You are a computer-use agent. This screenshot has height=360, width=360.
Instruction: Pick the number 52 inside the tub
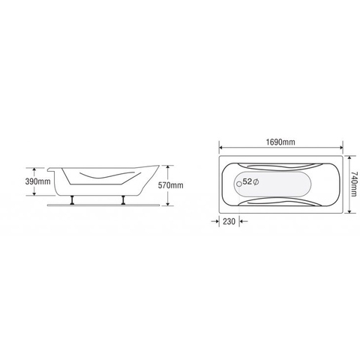point(247,182)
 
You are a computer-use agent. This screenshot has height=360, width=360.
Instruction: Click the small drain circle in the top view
point(238,182)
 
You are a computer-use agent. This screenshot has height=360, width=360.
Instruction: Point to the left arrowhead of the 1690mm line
point(220,148)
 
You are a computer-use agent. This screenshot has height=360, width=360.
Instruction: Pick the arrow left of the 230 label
point(214,221)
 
